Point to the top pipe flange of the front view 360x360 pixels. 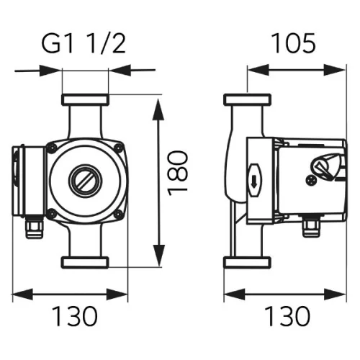(85, 99)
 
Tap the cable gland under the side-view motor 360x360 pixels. (310, 230)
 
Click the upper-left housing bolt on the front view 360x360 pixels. (51, 148)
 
